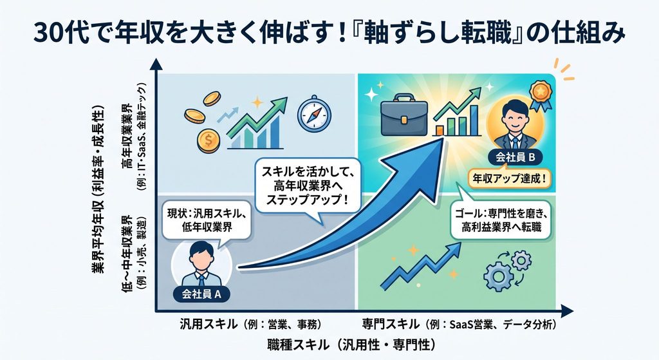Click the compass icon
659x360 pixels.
314,113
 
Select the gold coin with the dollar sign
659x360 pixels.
208,140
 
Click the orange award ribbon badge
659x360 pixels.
540,95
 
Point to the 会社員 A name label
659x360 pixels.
201,294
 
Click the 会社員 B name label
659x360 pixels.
515,157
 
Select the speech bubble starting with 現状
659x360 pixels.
206,221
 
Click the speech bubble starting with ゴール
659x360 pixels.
501,220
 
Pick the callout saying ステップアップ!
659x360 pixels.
308,185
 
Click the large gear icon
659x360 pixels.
499,277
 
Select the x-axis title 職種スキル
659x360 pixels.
351,345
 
